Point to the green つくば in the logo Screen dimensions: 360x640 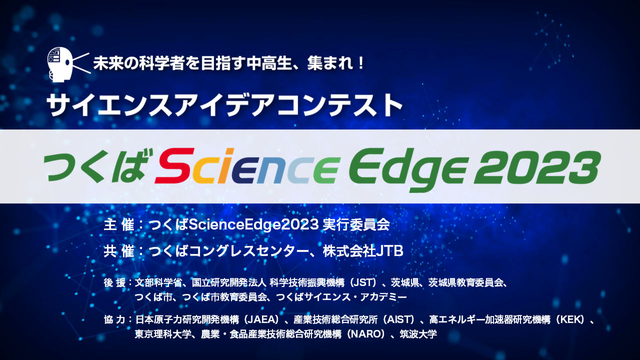pos(95,166)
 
